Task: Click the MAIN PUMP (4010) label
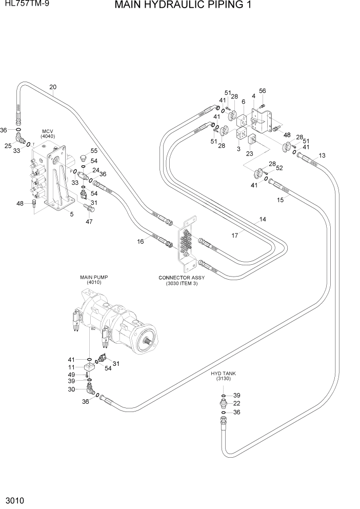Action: coord(94,280)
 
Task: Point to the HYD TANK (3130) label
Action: coord(222,376)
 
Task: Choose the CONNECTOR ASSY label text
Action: coord(182,278)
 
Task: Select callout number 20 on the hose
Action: coord(53,87)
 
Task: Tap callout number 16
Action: coord(140,241)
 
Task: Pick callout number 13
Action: coord(322,155)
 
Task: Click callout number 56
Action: coord(263,91)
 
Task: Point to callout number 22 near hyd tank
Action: coord(237,404)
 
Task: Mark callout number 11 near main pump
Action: coord(72,367)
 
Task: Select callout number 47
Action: coord(89,221)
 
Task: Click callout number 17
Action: coord(235,235)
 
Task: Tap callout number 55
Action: coord(94,151)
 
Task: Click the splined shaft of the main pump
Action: coord(152,341)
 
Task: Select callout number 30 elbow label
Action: coord(72,389)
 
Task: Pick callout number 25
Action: coord(8,146)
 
